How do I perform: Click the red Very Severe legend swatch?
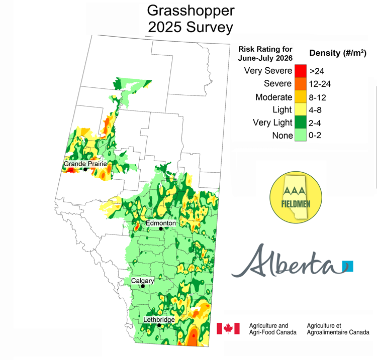point(300,71)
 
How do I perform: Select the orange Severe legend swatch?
point(300,84)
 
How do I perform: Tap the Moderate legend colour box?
point(300,97)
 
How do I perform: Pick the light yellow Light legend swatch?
point(300,109)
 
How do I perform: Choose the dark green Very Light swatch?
point(300,123)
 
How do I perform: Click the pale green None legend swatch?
point(300,135)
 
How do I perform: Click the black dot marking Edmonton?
point(161,229)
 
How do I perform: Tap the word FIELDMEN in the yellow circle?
point(294,206)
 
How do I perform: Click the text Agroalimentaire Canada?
point(338,332)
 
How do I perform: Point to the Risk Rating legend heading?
point(265,53)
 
